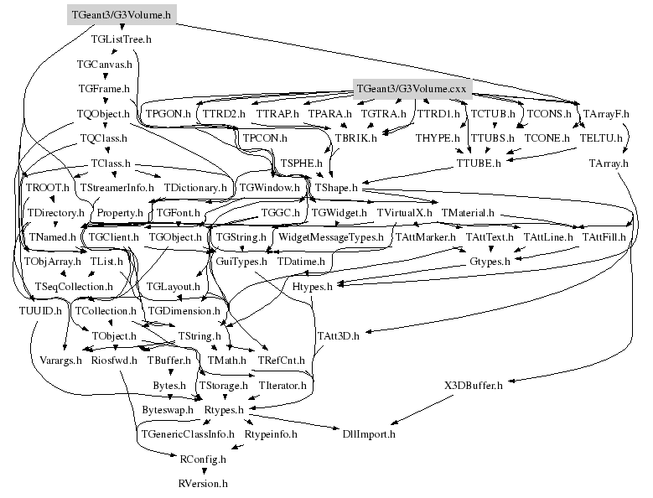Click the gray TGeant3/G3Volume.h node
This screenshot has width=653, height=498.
coord(121,14)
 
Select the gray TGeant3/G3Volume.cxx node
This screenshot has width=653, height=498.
coord(411,88)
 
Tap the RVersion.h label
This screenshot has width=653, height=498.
coord(203,484)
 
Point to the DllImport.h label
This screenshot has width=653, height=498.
coord(369,434)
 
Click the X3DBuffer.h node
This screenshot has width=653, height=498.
coord(473,386)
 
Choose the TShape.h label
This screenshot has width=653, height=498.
coord(335,188)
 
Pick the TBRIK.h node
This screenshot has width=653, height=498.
coord(355,137)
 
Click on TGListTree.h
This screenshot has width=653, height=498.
coord(121,39)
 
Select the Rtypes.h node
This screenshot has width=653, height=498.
coord(224,410)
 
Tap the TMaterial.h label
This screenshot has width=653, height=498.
coord(467,213)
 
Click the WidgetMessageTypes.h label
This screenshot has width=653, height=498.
coord(330,238)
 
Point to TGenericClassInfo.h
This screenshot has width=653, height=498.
coord(188,434)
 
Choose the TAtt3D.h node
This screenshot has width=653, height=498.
coord(338,336)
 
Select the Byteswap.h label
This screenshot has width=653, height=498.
coord(164,410)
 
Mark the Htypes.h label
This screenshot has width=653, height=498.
coord(313,287)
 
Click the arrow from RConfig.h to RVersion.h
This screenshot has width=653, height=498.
coord(203,471)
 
